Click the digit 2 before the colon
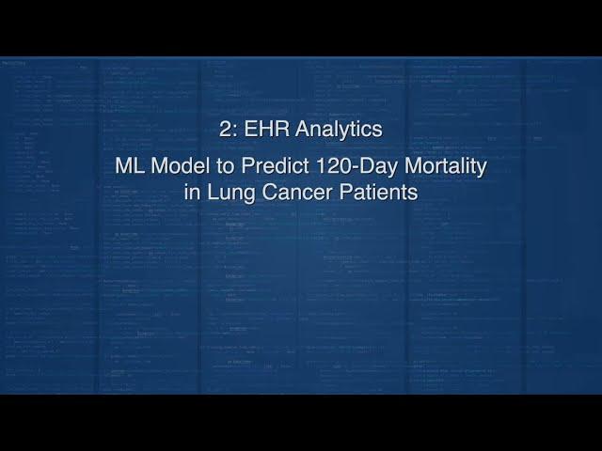(x=225, y=129)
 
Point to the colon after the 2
(x=235, y=132)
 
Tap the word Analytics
(x=339, y=130)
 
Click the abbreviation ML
(x=130, y=166)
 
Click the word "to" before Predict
(x=226, y=167)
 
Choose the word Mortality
(x=446, y=167)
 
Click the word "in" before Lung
(x=192, y=192)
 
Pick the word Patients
(x=378, y=192)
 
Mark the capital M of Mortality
(x=413, y=166)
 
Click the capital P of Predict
(x=247, y=166)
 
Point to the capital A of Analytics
(x=303, y=129)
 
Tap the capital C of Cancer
(x=270, y=192)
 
